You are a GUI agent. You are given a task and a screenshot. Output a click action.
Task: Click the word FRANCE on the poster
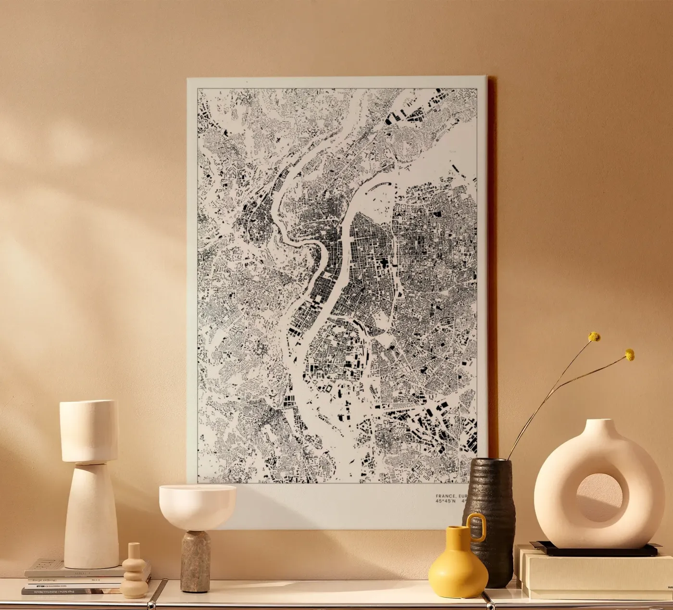pyautogui.click(x=444, y=496)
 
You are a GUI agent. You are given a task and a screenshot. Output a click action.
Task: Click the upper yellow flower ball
pyautogui.click(x=595, y=336)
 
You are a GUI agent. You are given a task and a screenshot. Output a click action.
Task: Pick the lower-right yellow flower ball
pyautogui.click(x=629, y=355)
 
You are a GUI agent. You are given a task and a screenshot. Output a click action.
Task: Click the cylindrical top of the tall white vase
pyautogui.click(x=88, y=430)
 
